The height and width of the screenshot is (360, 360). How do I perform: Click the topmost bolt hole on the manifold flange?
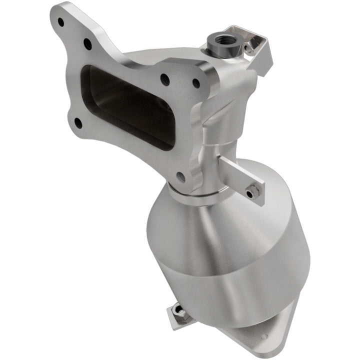pyautogui.click(x=61, y=22)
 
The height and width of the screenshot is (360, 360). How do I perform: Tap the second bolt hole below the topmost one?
pyautogui.click(x=87, y=44)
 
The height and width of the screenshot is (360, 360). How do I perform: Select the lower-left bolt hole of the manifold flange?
pyautogui.click(x=78, y=121)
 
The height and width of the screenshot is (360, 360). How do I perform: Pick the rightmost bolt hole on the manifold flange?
pyautogui.click(x=196, y=83)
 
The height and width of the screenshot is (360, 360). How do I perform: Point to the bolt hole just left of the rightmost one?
pyautogui.click(x=164, y=78)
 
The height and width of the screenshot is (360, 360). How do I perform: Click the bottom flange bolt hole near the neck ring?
pyautogui.click(x=181, y=176)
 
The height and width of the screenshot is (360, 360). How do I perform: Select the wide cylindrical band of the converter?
pyautogui.click(x=250, y=270)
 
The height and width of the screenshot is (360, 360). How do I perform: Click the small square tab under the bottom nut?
pyautogui.click(x=172, y=322)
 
